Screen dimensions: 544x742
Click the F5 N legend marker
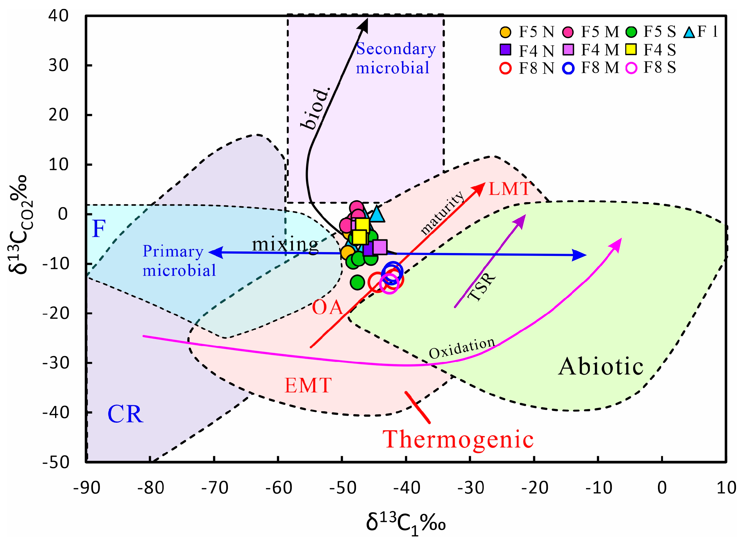pyautogui.click(x=505, y=32)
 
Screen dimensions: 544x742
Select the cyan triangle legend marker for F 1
pyautogui.click(x=689, y=32)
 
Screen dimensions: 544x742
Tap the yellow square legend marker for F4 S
pyautogui.click(x=631, y=49)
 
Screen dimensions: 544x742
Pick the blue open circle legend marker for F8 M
pyautogui.click(x=568, y=68)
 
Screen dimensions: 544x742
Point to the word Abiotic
pyautogui.click(x=600, y=366)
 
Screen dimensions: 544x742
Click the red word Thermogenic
pyautogui.click(x=458, y=439)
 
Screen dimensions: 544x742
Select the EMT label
pyautogui.click(x=307, y=385)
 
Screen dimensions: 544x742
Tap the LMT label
pyautogui.click(x=510, y=189)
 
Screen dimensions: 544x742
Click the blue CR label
pyautogui.click(x=125, y=414)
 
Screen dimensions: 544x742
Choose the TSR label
pyautogui.click(x=482, y=286)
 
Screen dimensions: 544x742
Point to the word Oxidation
pyautogui.click(x=462, y=348)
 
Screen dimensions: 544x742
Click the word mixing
pyautogui.click(x=285, y=244)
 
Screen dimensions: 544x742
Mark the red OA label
pyautogui.click(x=327, y=307)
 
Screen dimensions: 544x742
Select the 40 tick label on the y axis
pyautogui.click(x=58, y=16)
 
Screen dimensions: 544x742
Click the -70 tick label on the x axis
pyautogui.click(x=215, y=488)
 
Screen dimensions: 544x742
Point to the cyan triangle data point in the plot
pyautogui.click(x=377, y=214)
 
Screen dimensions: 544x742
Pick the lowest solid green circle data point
pyautogui.click(x=357, y=282)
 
